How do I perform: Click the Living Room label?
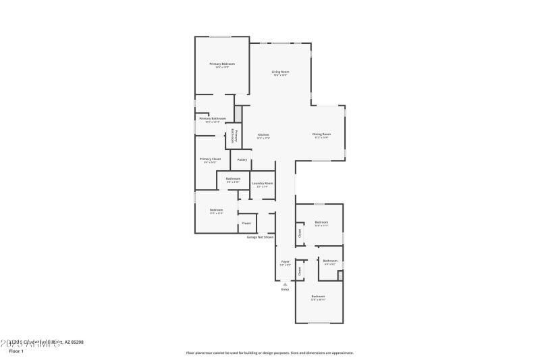pyautogui.click(x=280, y=72)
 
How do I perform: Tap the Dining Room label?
pyautogui.click(x=321, y=134)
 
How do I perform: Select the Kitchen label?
pyautogui.click(x=264, y=134)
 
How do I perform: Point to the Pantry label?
pyautogui.click(x=242, y=160)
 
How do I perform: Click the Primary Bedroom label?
pyautogui.click(x=221, y=63)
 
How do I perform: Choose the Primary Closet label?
pyautogui.click(x=211, y=159)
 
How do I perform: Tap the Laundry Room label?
pyautogui.click(x=263, y=183)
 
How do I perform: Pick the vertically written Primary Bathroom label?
pyautogui.click(x=233, y=135)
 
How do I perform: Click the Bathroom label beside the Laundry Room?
pyautogui.click(x=233, y=178)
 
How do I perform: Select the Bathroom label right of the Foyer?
pyautogui.click(x=330, y=261)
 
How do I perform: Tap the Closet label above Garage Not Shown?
pyautogui.click(x=246, y=223)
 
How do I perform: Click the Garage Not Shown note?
pyautogui.click(x=260, y=237)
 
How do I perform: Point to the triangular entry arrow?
pyautogui.click(x=285, y=284)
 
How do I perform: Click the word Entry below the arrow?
pyautogui.click(x=285, y=290)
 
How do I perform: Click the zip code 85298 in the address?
pyautogui.click(x=77, y=342)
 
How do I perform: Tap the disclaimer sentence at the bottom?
pyautogui.click(x=269, y=353)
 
